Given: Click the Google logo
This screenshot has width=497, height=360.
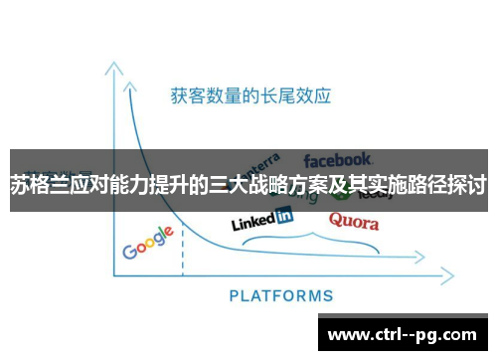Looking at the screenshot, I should pyautogui.click(x=148, y=243).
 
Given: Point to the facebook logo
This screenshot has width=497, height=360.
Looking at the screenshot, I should pyautogui.click(x=338, y=159).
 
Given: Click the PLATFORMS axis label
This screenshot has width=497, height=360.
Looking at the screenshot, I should pyautogui.click(x=281, y=295).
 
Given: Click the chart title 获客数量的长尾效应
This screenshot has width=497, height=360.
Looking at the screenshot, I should pyautogui.click(x=249, y=96).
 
